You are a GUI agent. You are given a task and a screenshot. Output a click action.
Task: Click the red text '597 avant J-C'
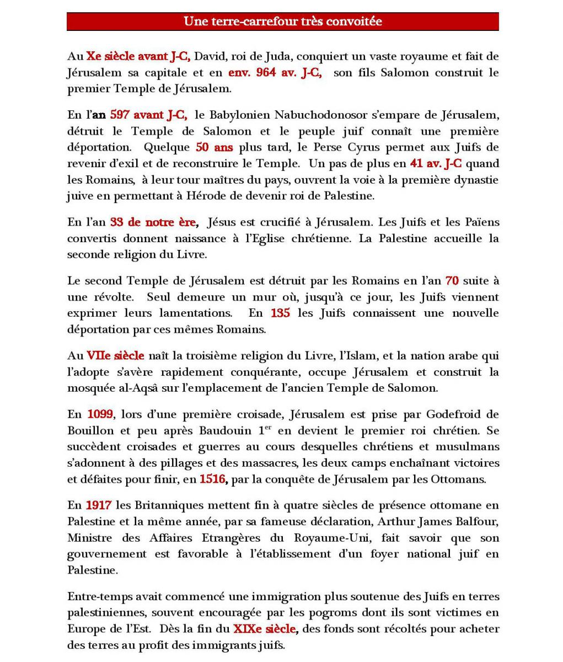pyautogui.click(x=148, y=115)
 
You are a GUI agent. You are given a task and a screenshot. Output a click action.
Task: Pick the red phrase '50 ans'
pyautogui.click(x=215, y=147)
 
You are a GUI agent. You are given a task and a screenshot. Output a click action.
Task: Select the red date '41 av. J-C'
pyautogui.click(x=436, y=164)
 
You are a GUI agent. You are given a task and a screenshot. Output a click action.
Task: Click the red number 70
pyautogui.click(x=452, y=280)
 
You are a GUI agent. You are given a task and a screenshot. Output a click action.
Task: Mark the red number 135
pyautogui.click(x=280, y=313)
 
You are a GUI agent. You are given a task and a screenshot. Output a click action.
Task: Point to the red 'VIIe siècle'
pyautogui.click(x=115, y=355)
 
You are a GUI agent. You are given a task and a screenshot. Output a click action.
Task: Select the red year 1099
pyautogui.click(x=100, y=414)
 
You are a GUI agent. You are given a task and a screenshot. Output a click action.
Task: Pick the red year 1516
pyautogui.click(x=212, y=479)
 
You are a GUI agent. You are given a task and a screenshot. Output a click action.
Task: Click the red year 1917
pyautogui.click(x=99, y=505)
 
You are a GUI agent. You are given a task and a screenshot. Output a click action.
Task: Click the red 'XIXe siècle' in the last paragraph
pyautogui.click(x=265, y=629)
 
